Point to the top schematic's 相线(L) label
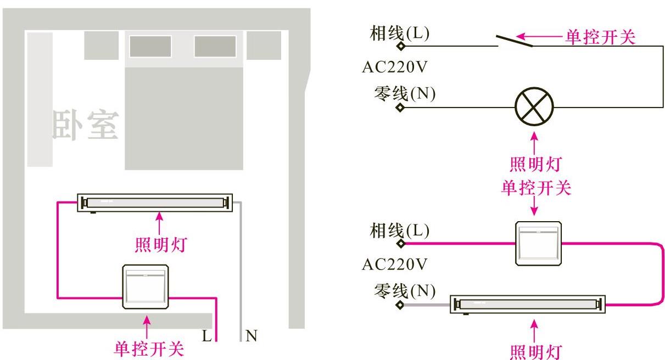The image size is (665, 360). (400, 34)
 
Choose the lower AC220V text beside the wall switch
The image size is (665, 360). (394, 265)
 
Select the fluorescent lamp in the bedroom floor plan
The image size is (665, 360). (155, 203)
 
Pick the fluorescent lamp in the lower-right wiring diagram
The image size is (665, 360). (528, 304)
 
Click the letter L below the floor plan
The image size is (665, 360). (206, 336)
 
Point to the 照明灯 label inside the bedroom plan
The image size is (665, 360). (160, 243)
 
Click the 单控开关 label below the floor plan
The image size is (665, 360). (148, 348)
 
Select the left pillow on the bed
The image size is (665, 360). (150, 47)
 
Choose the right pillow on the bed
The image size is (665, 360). (215, 47)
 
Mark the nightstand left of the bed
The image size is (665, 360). (101, 46)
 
